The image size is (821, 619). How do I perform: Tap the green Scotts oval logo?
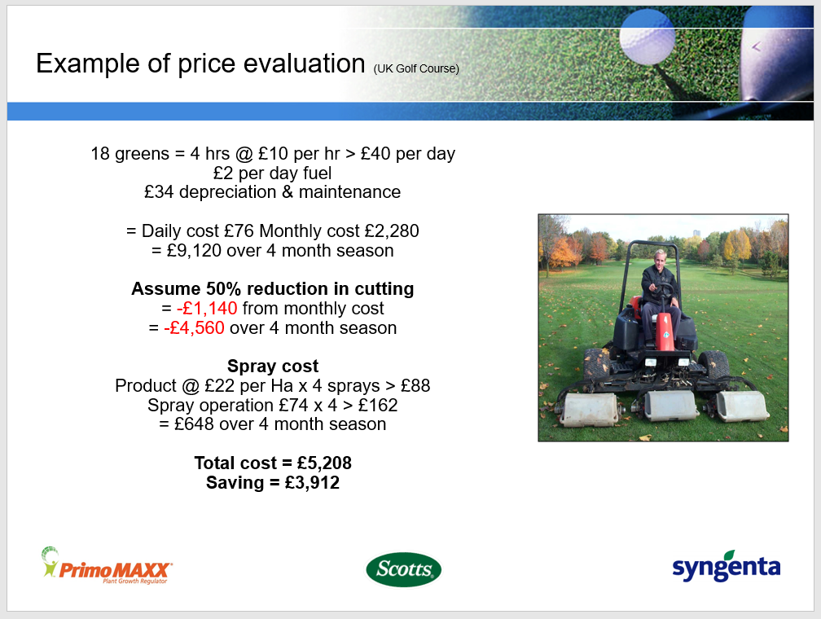tap(403, 569)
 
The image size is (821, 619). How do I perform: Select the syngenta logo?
tap(727, 567)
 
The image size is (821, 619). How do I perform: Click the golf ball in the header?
tap(647, 37)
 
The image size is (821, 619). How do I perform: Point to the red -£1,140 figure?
tap(207, 309)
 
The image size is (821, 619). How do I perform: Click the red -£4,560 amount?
tap(194, 328)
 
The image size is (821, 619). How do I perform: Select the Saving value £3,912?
tap(312, 482)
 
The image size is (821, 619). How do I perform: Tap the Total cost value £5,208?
tap(325, 463)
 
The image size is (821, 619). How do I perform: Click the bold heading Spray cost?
tap(273, 366)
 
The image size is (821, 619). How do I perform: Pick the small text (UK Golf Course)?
tap(416, 68)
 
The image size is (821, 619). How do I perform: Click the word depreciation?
tap(228, 193)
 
